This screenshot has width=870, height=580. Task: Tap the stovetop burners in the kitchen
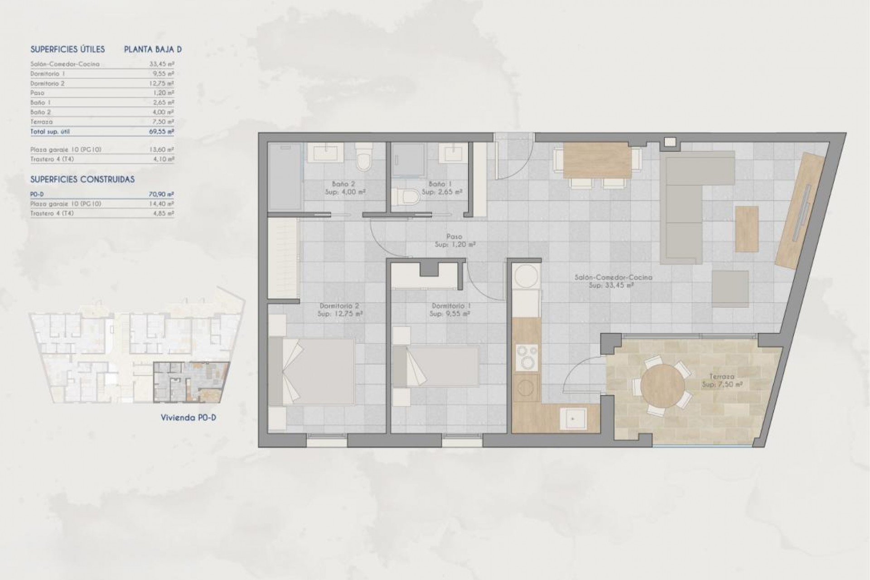(x=527, y=357)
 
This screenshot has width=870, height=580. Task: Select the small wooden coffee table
(x=747, y=229)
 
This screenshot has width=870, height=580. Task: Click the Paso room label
(x=454, y=237)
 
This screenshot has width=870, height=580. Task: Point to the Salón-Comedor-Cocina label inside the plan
(x=613, y=277)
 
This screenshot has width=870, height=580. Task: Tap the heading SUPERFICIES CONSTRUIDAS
(x=82, y=179)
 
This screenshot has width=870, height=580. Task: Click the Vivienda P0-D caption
(x=188, y=418)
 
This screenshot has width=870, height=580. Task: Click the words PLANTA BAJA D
(x=153, y=50)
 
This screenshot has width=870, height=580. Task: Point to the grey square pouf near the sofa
(x=730, y=289)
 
